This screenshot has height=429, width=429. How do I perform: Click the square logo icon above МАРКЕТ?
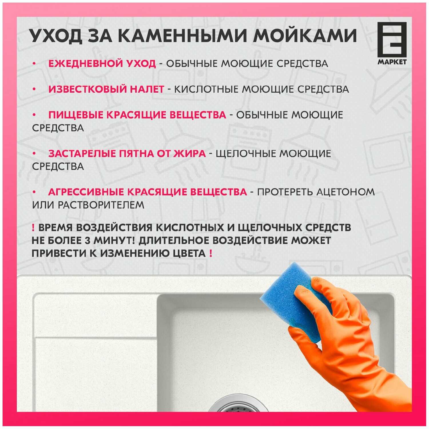(x=392, y=39)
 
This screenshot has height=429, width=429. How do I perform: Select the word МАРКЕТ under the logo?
(x=392, y=62)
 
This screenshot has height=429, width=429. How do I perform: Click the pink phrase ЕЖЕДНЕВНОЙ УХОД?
(x=102, y=63)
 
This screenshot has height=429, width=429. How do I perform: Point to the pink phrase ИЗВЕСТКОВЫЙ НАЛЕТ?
(x=106, y=89)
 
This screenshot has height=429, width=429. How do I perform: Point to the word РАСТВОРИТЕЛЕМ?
(x=101, y=205)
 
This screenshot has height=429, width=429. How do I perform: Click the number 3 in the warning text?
(x=88, y=241)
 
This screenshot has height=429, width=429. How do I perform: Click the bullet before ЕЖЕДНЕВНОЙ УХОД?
(x=34, y=63)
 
